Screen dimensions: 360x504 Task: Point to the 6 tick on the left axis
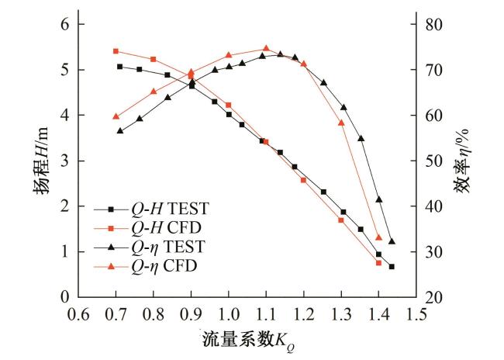pos(67,25)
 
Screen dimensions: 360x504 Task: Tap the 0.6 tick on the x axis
pos(78,313)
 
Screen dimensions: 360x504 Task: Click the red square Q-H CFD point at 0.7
pos(116,51)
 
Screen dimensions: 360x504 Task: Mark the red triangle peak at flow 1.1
pos(266,48)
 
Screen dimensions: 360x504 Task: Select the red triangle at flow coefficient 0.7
pos(116,116)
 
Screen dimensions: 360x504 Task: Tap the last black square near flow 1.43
pos(392,267)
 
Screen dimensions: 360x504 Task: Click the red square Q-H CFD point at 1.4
pos(378,263)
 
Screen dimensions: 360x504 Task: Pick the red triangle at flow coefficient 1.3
pos(341,123)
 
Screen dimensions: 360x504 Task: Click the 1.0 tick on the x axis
pos(229,313)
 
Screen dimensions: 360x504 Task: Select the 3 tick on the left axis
pos(67,161)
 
